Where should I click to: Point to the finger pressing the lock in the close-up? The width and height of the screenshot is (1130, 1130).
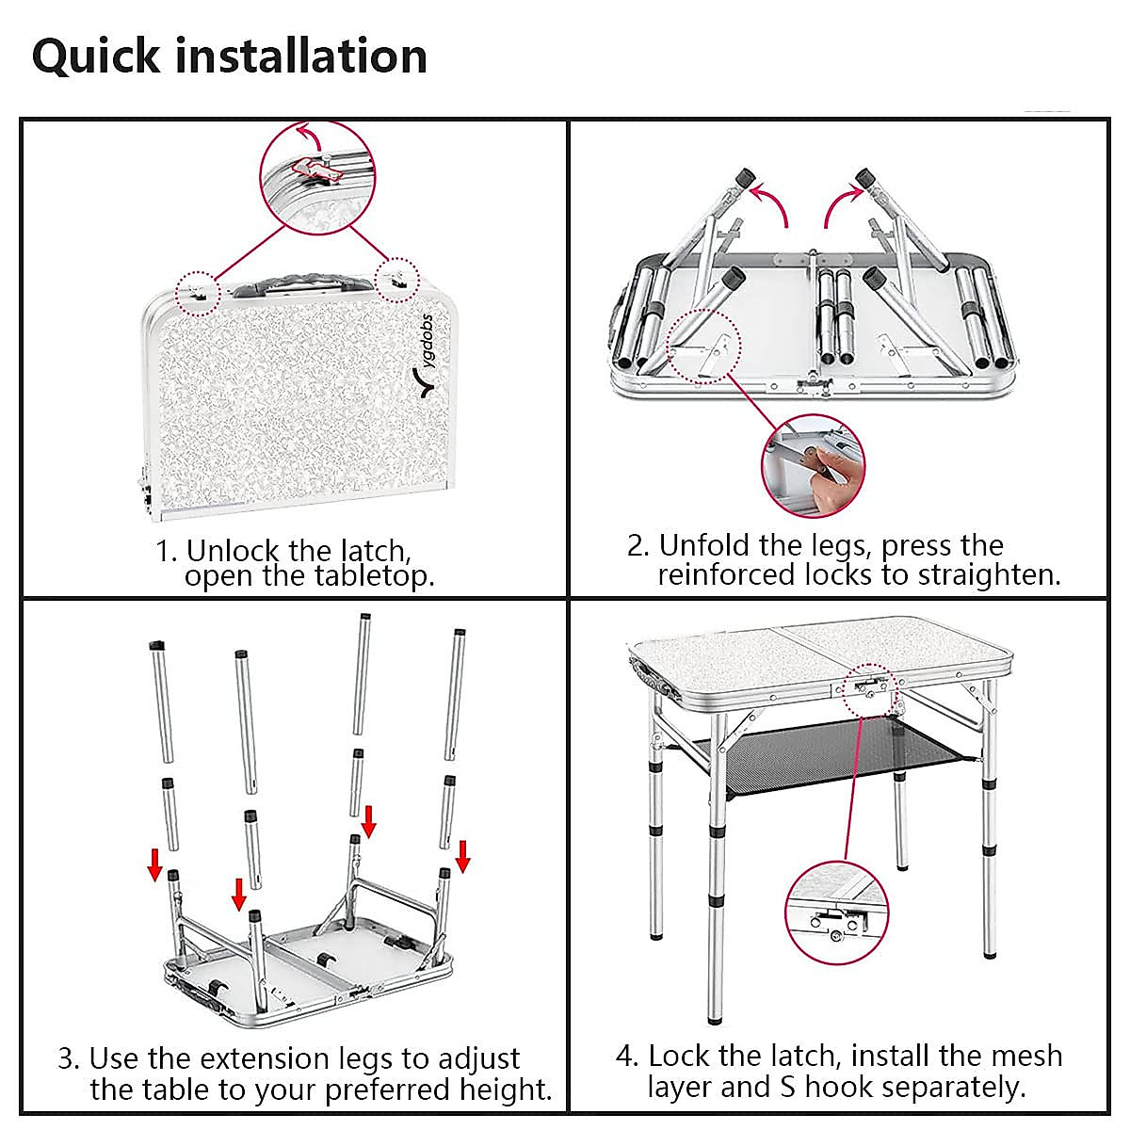(829, 467)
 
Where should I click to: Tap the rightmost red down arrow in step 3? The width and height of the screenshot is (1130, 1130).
(462, 856)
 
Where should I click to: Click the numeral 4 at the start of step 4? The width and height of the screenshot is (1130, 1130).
(626, 1056)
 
